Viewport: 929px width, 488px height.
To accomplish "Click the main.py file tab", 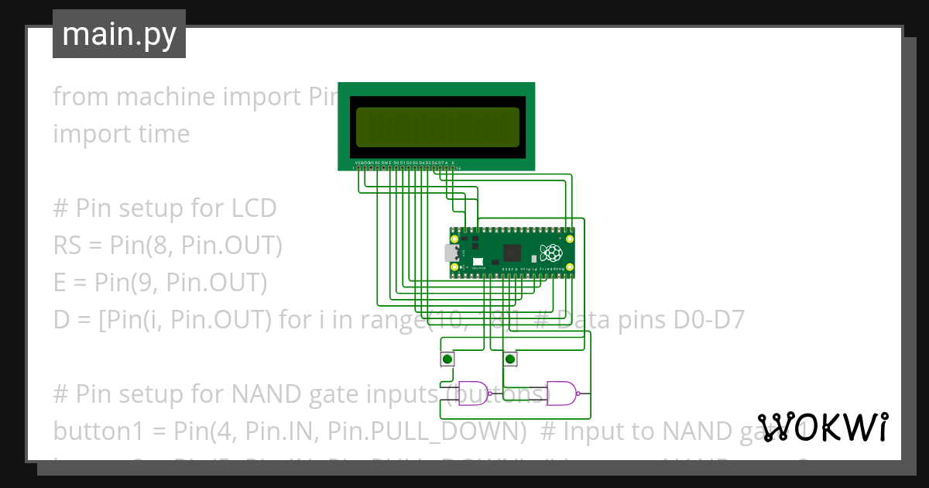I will click(118, 35).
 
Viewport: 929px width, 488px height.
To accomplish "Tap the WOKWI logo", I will click(822, 427).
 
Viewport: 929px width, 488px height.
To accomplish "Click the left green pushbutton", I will click(447, 359).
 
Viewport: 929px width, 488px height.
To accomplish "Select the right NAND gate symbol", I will click(560, 393).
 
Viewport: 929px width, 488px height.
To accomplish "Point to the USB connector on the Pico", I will click(448, 253).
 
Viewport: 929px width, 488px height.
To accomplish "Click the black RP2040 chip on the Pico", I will click(512, 253).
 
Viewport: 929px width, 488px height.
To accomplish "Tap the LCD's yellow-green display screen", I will click(437, 127).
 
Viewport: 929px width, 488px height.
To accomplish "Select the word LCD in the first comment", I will click(254, 208).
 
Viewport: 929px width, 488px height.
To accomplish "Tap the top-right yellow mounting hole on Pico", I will click(571, 239).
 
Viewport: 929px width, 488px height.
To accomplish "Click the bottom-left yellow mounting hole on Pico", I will click(454, 267).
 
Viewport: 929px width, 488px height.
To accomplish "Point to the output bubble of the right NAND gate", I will click(579, 393).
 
